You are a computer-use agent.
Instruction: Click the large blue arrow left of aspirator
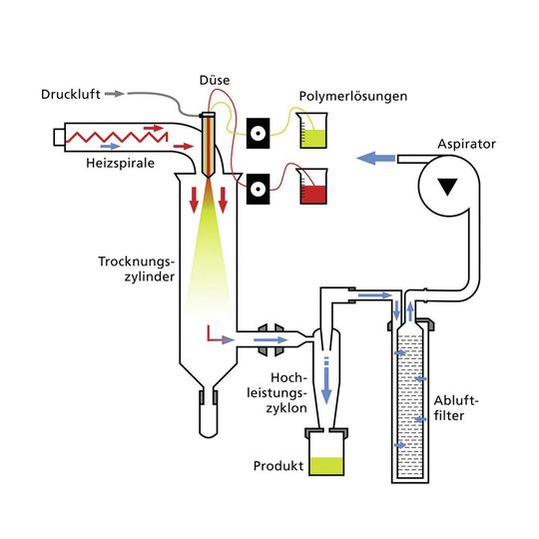click(x=374, y=158)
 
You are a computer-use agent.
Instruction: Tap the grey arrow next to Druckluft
click(x=117, y=94)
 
